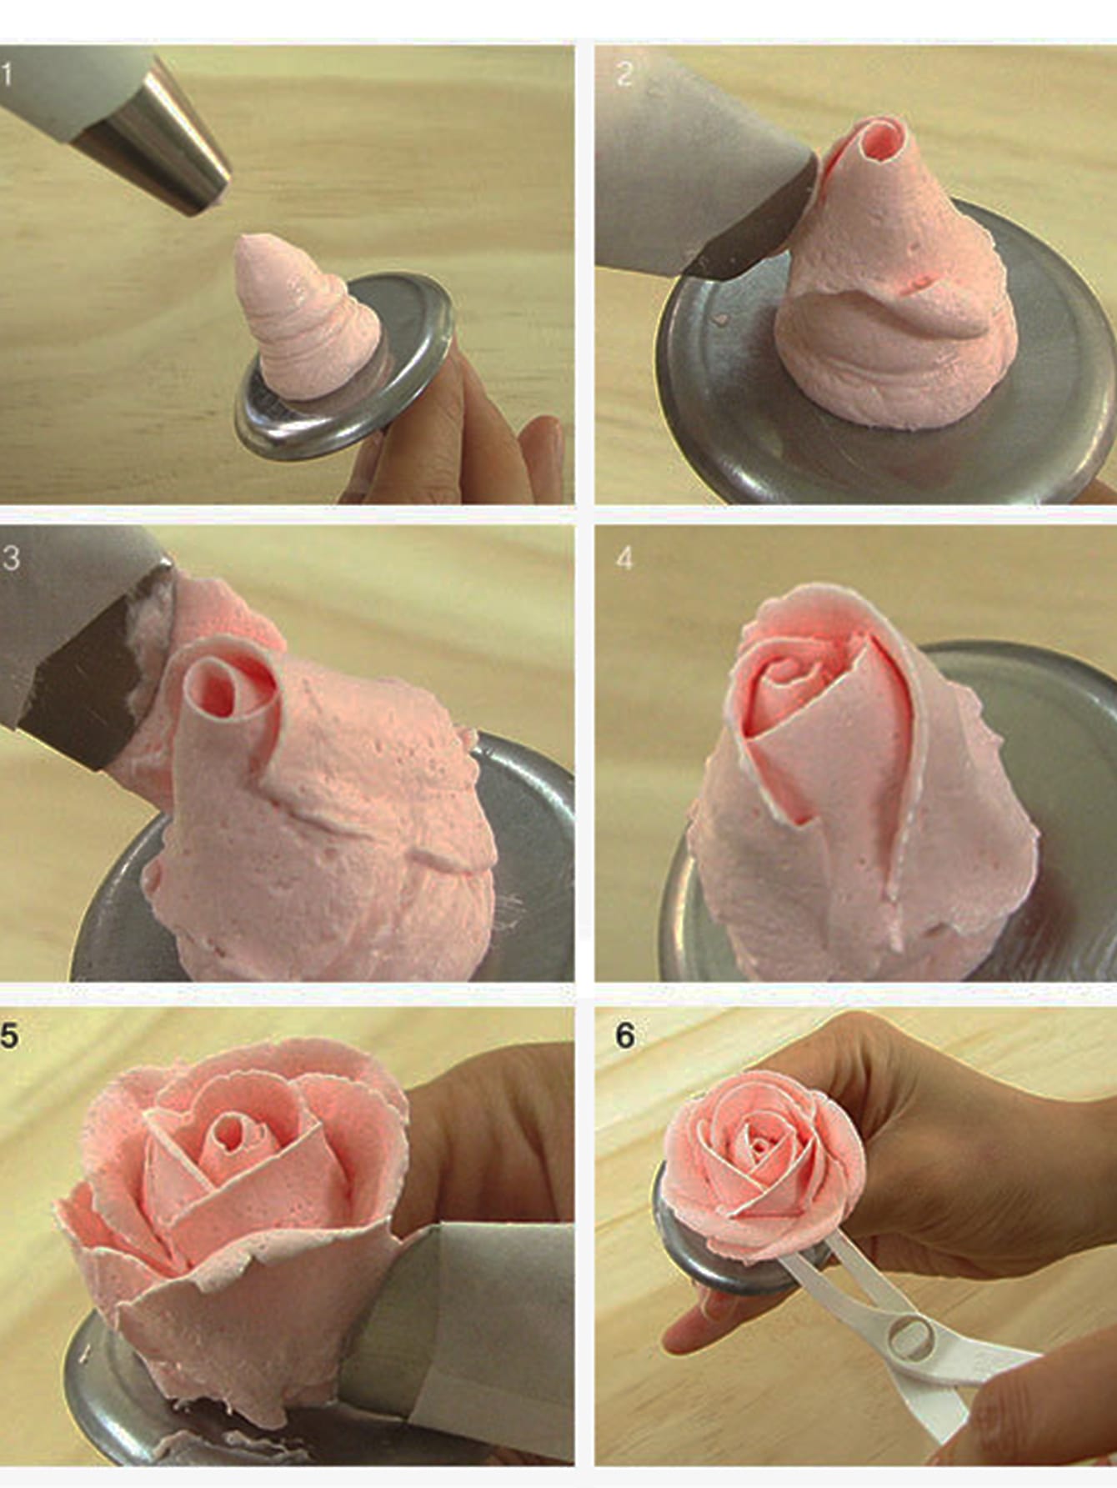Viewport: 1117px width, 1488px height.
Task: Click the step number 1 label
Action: [8, 75]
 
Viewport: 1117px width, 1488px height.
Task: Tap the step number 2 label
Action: [624, 75]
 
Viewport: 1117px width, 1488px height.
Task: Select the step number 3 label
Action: [11, 558]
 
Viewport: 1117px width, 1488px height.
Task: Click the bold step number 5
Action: [9, 1035]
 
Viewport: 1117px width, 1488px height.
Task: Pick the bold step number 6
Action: [625, 1035]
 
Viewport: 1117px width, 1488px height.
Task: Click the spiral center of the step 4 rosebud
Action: [788, 675]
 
